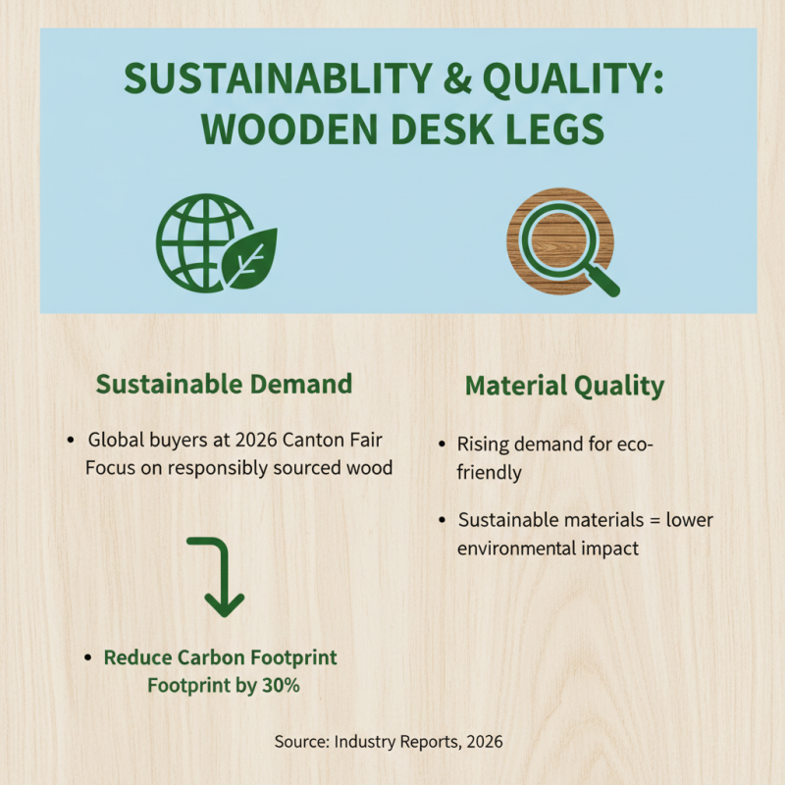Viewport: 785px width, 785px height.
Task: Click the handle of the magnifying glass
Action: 604,281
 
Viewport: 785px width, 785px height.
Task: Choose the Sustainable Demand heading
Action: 224,383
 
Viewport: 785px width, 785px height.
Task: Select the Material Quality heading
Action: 564,386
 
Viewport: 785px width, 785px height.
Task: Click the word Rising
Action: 482,445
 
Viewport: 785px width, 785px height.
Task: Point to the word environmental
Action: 515,548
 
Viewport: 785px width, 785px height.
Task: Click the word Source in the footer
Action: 300,742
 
